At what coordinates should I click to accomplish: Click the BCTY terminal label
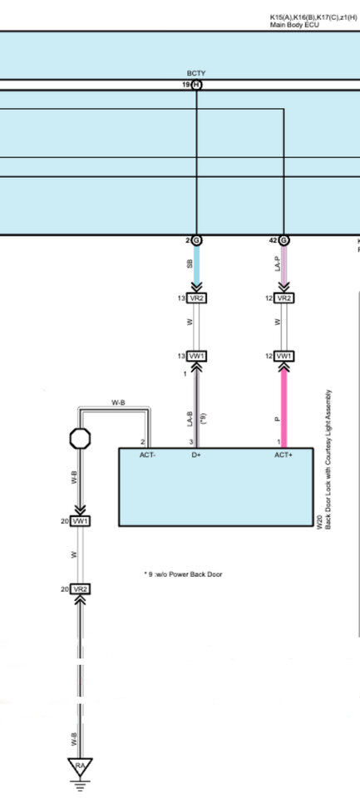pos(196,74)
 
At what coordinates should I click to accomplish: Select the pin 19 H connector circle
pos(197,85)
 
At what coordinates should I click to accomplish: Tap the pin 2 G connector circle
pos(197,239)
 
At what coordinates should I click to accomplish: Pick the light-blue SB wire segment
pos(197,267)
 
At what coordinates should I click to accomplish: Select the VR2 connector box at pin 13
pos(197,298)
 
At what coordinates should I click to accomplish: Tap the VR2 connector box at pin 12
pos(284,298)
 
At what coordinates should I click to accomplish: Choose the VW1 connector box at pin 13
pos(197,356)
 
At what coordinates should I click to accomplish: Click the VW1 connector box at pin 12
pos(284,356)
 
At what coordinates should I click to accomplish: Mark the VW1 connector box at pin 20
pos(81,520)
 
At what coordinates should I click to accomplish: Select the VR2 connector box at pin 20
pos(81,589)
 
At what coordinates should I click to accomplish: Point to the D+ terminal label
pos(197,454)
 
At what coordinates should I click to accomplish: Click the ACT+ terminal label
pos(283,454)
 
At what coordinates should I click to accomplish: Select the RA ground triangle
pos(81,766)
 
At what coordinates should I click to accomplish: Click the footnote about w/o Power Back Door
pos(183,574)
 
